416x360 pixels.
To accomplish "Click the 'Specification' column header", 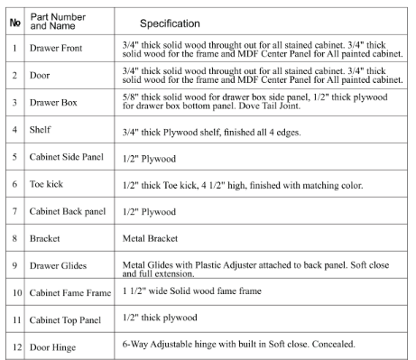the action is pos(170,22).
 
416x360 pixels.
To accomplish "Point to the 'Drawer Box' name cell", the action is pos(53,103).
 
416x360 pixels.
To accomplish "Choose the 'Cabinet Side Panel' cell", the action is pos(68,157).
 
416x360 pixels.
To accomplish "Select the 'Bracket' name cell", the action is pos(47,239).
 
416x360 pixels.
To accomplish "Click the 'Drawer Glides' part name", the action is pos(60,266).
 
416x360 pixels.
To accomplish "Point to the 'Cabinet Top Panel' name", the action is pos(67,320).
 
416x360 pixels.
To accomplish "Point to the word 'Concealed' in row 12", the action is pos(330,344).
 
